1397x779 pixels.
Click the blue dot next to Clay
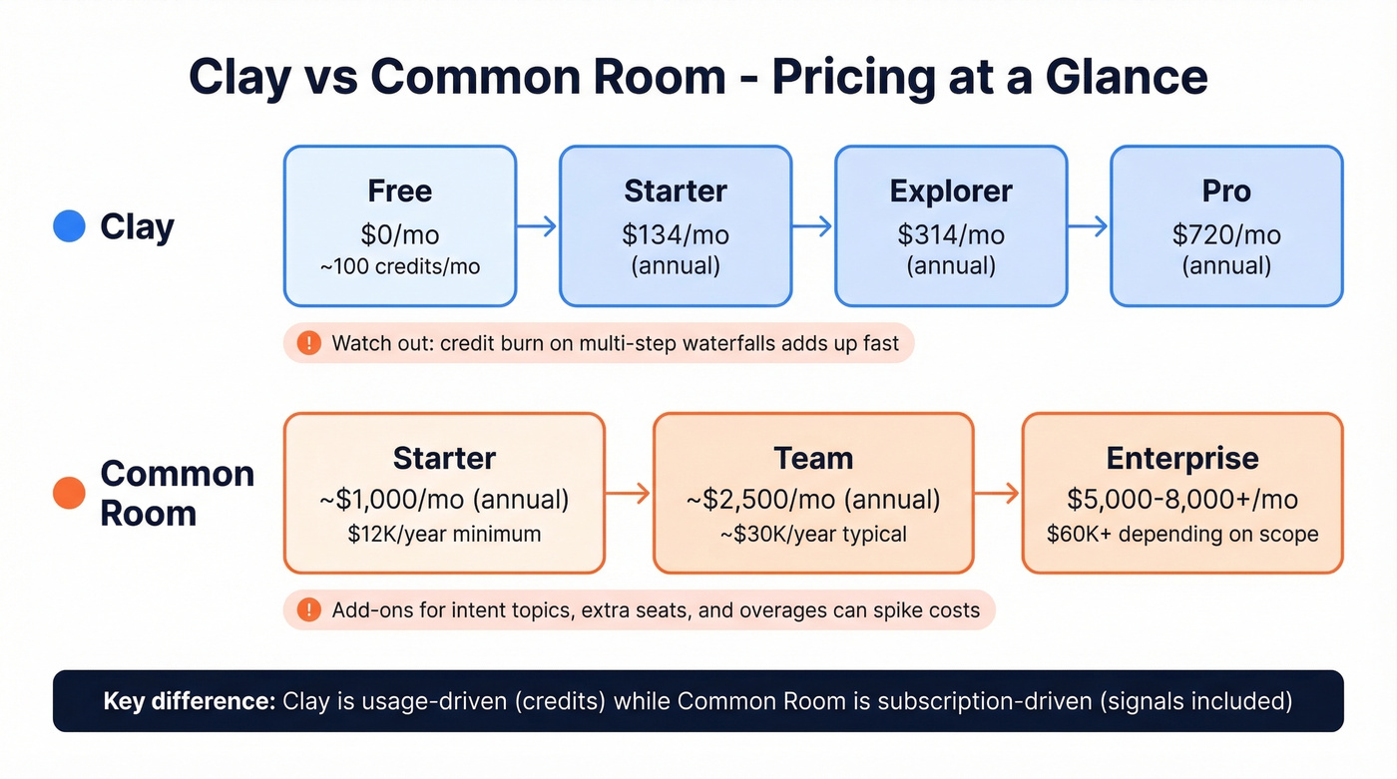[x=69, y=226]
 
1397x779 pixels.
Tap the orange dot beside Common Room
[x=69, y=493]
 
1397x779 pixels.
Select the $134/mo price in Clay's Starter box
[x=676, y=235]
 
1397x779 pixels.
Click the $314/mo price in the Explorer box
[x=951, y=235]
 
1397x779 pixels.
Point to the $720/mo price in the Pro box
[x=1226, y=235]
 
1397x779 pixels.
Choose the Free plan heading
[x=400, y=191]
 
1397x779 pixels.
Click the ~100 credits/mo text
[x=400, y=267]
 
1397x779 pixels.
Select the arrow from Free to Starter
[x=537, y=226]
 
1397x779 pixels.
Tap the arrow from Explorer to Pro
[x=1088, y=226]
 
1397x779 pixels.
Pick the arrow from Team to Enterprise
[x=997, y=493]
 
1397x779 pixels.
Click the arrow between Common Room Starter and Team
[x=629, y=493]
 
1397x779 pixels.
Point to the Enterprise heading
[x=1182, y=458]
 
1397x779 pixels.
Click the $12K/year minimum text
[x=444, y=534]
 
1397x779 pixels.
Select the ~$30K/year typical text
[x=813, y=534]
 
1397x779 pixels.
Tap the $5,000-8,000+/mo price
[x=1182, y=498]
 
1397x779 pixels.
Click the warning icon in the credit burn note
[x=309, y=343]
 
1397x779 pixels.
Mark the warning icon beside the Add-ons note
[x=309, y=609]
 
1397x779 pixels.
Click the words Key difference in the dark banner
[x=189, y=701]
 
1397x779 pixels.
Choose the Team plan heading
[x=813, y=458]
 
